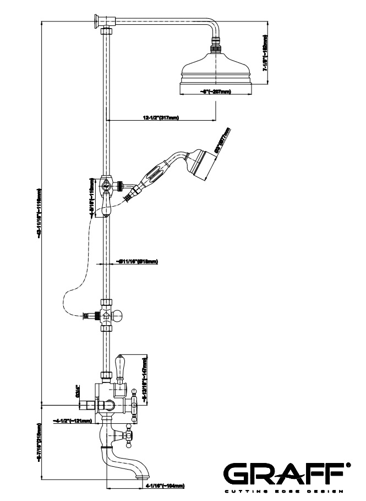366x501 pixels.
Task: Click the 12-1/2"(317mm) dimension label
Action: [161, 117]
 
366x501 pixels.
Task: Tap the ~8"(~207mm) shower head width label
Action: [215, 92]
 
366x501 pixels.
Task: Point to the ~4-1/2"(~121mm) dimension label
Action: [71, 421]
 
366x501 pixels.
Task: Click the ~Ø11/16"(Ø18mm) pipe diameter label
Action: [137, 261]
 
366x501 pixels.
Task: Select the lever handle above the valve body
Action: [122, 366]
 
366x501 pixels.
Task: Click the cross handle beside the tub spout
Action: [129, 436]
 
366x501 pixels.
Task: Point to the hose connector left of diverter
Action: [86, 316]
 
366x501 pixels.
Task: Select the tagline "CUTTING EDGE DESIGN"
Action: [283, 491]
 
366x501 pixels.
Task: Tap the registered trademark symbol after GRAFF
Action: [347, 466]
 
